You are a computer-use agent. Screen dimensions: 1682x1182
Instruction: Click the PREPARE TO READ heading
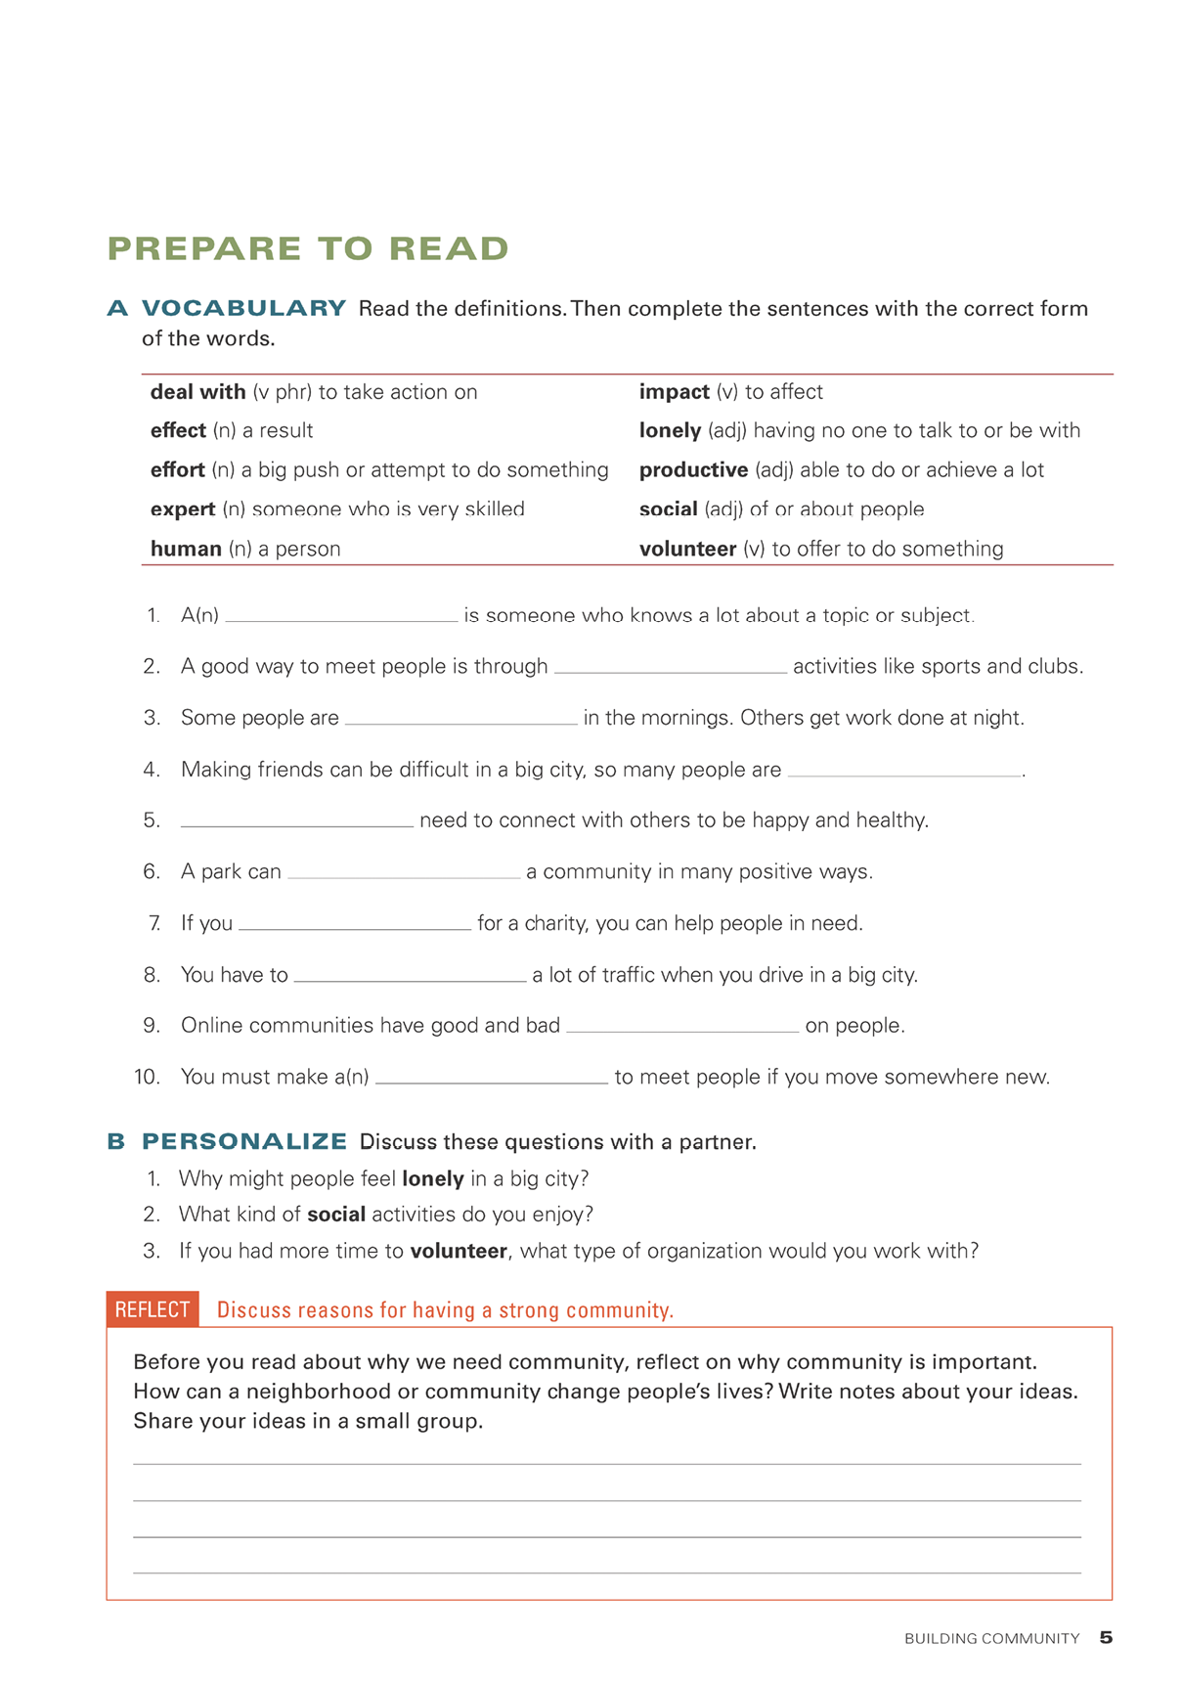[308, 248]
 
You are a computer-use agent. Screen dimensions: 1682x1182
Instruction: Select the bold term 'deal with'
[197, 392]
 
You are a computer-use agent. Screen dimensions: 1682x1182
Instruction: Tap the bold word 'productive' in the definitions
[693, 470]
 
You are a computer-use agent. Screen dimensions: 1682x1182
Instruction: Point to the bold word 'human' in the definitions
[186, 549]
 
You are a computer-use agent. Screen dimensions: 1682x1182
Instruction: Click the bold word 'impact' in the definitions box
[674, 392]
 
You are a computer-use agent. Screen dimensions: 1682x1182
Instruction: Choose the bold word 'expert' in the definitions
[183, 509]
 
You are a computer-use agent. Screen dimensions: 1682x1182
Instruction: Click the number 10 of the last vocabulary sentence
[147, 1077]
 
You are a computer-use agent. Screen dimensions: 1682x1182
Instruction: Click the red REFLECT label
[153, 1309]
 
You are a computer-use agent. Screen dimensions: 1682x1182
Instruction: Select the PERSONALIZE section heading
[244, 1141]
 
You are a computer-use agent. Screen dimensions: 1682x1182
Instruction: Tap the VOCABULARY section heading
[243, 308]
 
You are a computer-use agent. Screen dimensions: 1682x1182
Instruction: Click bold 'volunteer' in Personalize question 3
[459, 1251]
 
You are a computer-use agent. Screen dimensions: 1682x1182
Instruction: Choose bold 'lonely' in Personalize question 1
[433, 1178]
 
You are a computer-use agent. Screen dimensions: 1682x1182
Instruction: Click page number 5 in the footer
[1106, 1637]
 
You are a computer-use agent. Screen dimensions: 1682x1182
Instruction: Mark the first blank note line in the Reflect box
[606, 1463]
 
